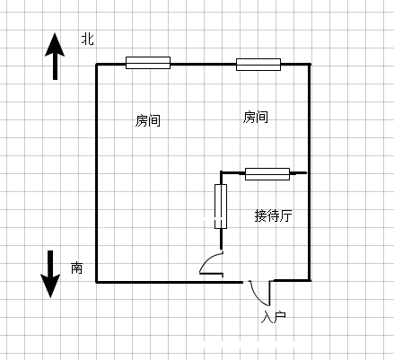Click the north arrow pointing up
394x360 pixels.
(x=55, y=57)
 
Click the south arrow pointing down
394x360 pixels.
(x=50, y=274)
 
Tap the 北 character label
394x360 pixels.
(x=88, y=39)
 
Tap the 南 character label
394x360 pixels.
(x=76, y=268)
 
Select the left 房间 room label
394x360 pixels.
(x=148, y=120)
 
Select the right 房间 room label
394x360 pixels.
(x=255, y=117)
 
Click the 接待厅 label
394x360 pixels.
(x=273, y=215)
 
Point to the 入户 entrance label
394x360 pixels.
(x=274, y=317)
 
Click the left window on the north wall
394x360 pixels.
(x=148, y=63)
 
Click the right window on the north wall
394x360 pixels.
(x=258, y=65)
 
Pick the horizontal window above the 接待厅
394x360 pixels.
(x=267, y=174)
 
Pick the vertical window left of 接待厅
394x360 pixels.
(x=221, y=206)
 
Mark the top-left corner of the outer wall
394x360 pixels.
(x=96, y=65)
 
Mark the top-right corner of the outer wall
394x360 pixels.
(x=310, y=65)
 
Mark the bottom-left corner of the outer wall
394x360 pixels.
(x=96, y=282)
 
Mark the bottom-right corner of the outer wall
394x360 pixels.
(x=310, y=280)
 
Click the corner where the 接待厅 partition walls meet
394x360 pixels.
(x=221, y=172)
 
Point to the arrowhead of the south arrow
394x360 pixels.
(x=50, y=297)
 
